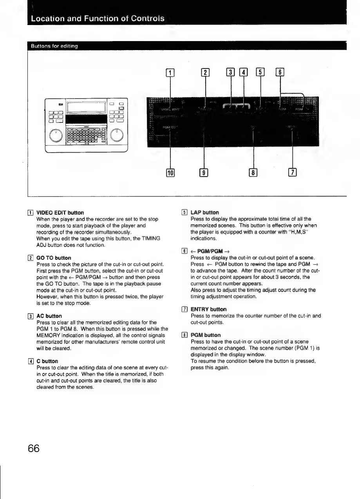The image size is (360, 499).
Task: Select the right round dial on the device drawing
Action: pyautogui.click(x=118, y=135)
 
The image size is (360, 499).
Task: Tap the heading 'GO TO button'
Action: pyautogui.click(x=54, y=258)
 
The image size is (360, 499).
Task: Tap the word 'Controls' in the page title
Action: pyautogui.click(x=146, y=18)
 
